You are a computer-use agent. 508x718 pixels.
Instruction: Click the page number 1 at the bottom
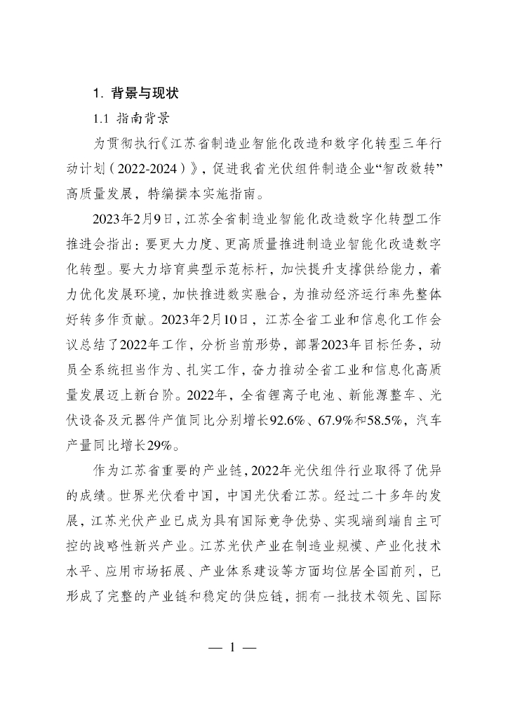[231, 647]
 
